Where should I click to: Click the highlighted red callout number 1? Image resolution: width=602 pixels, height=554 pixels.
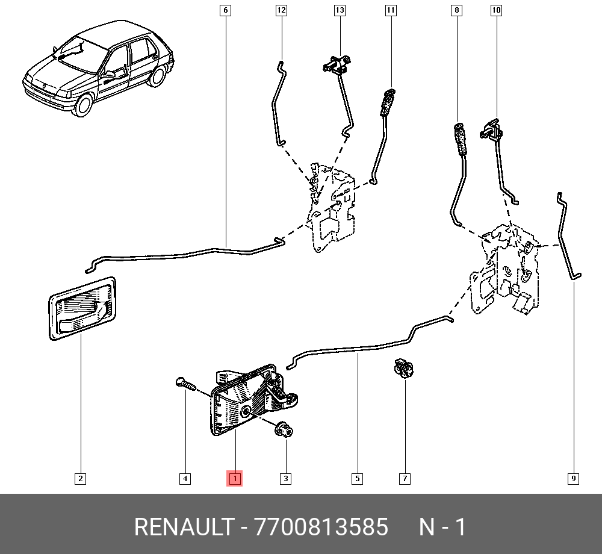[234, 479]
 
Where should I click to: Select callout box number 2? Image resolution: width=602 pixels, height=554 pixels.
[80, 479]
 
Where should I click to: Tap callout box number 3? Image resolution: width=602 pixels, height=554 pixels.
[285, 479]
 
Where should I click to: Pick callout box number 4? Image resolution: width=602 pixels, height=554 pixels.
[185, 479]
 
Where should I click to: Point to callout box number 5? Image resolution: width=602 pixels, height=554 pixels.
[357, 479]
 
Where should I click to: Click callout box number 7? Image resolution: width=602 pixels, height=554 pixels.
[405, 479]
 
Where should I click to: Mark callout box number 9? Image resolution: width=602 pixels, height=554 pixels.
[573, 479]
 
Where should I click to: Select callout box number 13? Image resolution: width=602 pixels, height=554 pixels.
[340, 10]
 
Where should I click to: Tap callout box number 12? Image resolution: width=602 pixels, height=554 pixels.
[282, 10]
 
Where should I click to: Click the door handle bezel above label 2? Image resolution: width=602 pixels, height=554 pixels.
[82, 307]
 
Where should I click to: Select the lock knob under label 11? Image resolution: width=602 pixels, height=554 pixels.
[387, 102]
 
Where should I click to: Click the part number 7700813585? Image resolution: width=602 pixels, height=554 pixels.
[321, 527]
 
